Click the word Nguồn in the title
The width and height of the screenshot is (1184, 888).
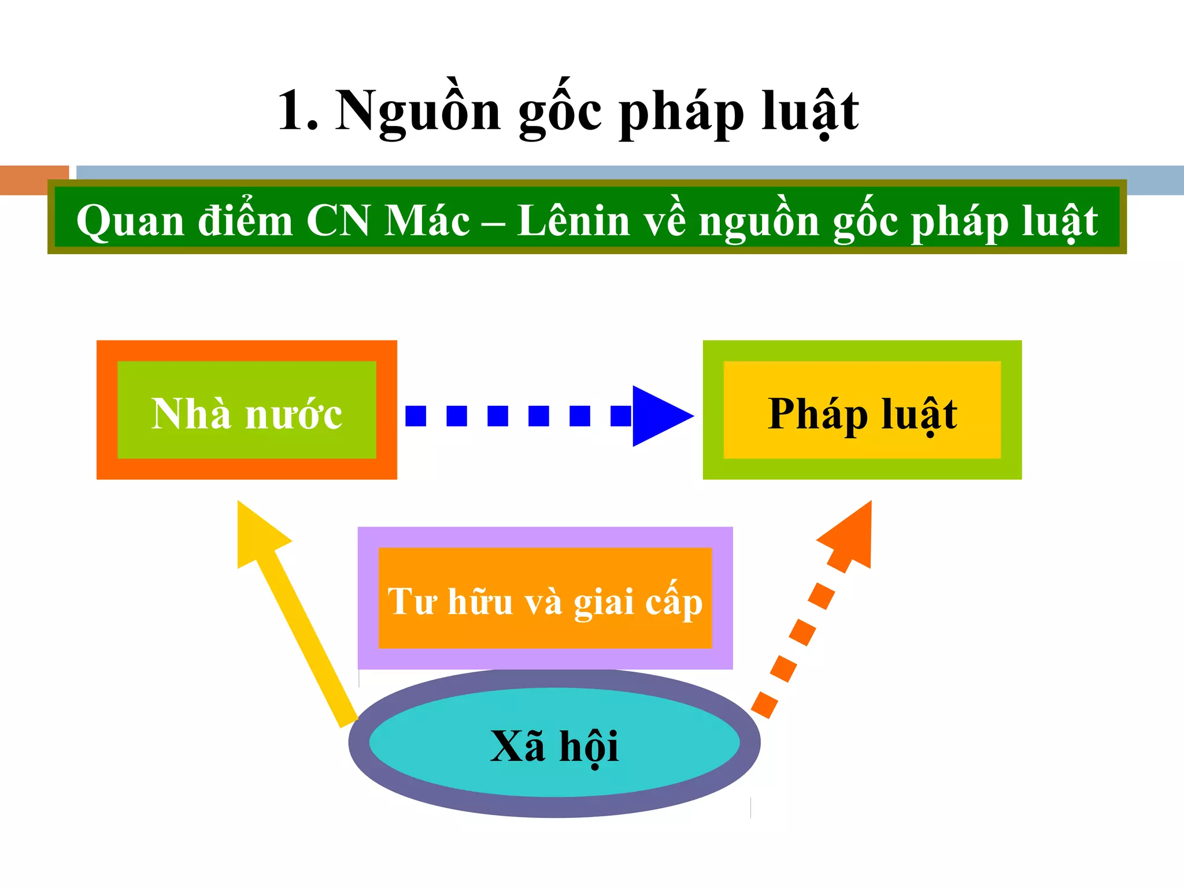417,111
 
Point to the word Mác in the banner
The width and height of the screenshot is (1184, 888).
427,221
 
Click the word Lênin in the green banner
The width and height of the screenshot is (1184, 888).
573,221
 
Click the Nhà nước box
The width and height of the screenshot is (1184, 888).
247,410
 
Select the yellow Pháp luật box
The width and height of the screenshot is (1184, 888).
862,410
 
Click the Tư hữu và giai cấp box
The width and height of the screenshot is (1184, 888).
545,598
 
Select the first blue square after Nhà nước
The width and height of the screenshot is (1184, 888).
416,416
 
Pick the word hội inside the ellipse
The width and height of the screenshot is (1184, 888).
589,746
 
